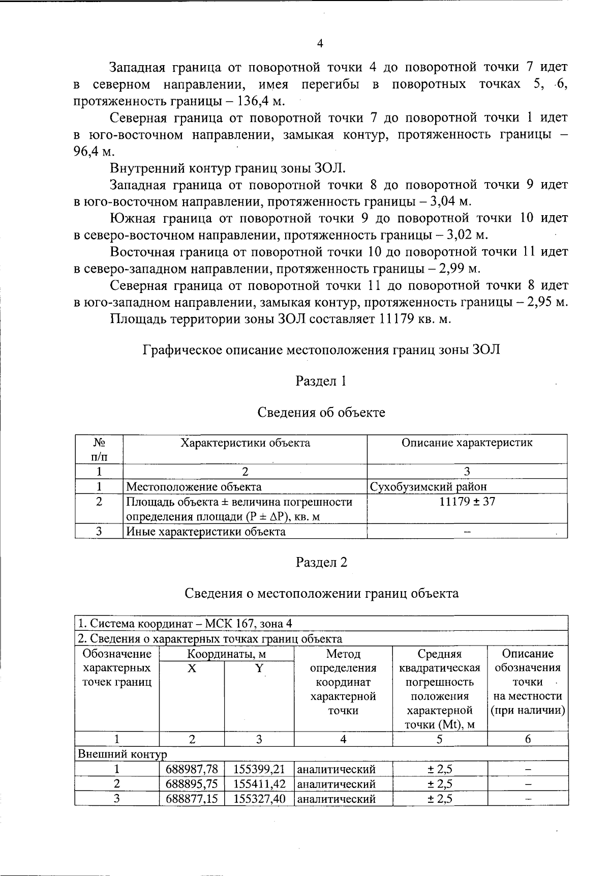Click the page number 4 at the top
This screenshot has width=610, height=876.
pyautogui.click(x=320, y=44)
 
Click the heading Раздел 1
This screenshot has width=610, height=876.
pyautogui.click(x=321, y=381)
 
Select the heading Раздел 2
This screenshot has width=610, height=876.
pyautogui.click(x=321, y=562)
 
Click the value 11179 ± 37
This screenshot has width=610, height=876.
pyautogui.click(x=467, y=502)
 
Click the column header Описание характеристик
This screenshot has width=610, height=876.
pyautogui.click(x=467, y=443)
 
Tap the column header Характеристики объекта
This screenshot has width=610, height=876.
pyautogui.click(x=246, y=443)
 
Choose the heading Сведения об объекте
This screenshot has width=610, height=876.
pyautogui.click(x=321, y=412)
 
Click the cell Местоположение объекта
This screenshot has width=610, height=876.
pyautogui.click(x=194, y=487)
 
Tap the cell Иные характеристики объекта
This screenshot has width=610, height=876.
pyautogui.click(x=205, y=532)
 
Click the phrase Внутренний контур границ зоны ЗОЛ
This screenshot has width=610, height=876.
pyautogui.click(x=228, y=168)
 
